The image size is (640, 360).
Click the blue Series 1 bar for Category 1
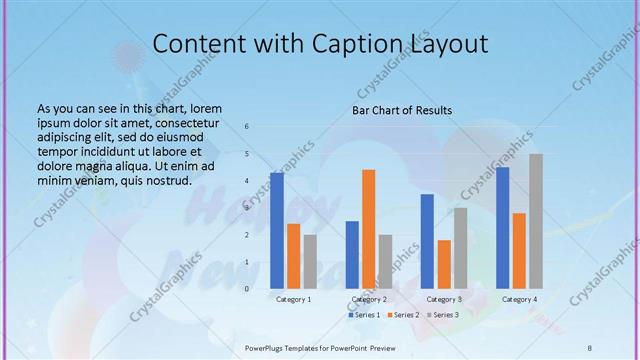coord(277,230)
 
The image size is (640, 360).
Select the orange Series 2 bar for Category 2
coord(369,229)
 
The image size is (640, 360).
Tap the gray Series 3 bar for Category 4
coord(536,221)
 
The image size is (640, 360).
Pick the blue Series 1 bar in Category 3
coord(427,241)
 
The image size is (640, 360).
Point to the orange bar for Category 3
coord(444,264)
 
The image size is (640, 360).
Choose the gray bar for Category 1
coord(310,261)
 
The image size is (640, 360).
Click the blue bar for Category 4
coord(502,227)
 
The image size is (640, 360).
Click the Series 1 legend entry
coord(364,315)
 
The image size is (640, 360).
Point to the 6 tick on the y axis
coord(247,127)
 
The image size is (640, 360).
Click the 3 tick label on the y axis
coord(247,208)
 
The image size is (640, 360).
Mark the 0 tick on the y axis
coord(247,289)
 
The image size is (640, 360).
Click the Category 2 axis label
coord(369,299)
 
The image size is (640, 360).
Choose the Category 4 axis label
coord(519,299)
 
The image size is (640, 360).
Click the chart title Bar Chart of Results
coord(402,110)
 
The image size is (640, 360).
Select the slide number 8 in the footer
coord(589,347)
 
